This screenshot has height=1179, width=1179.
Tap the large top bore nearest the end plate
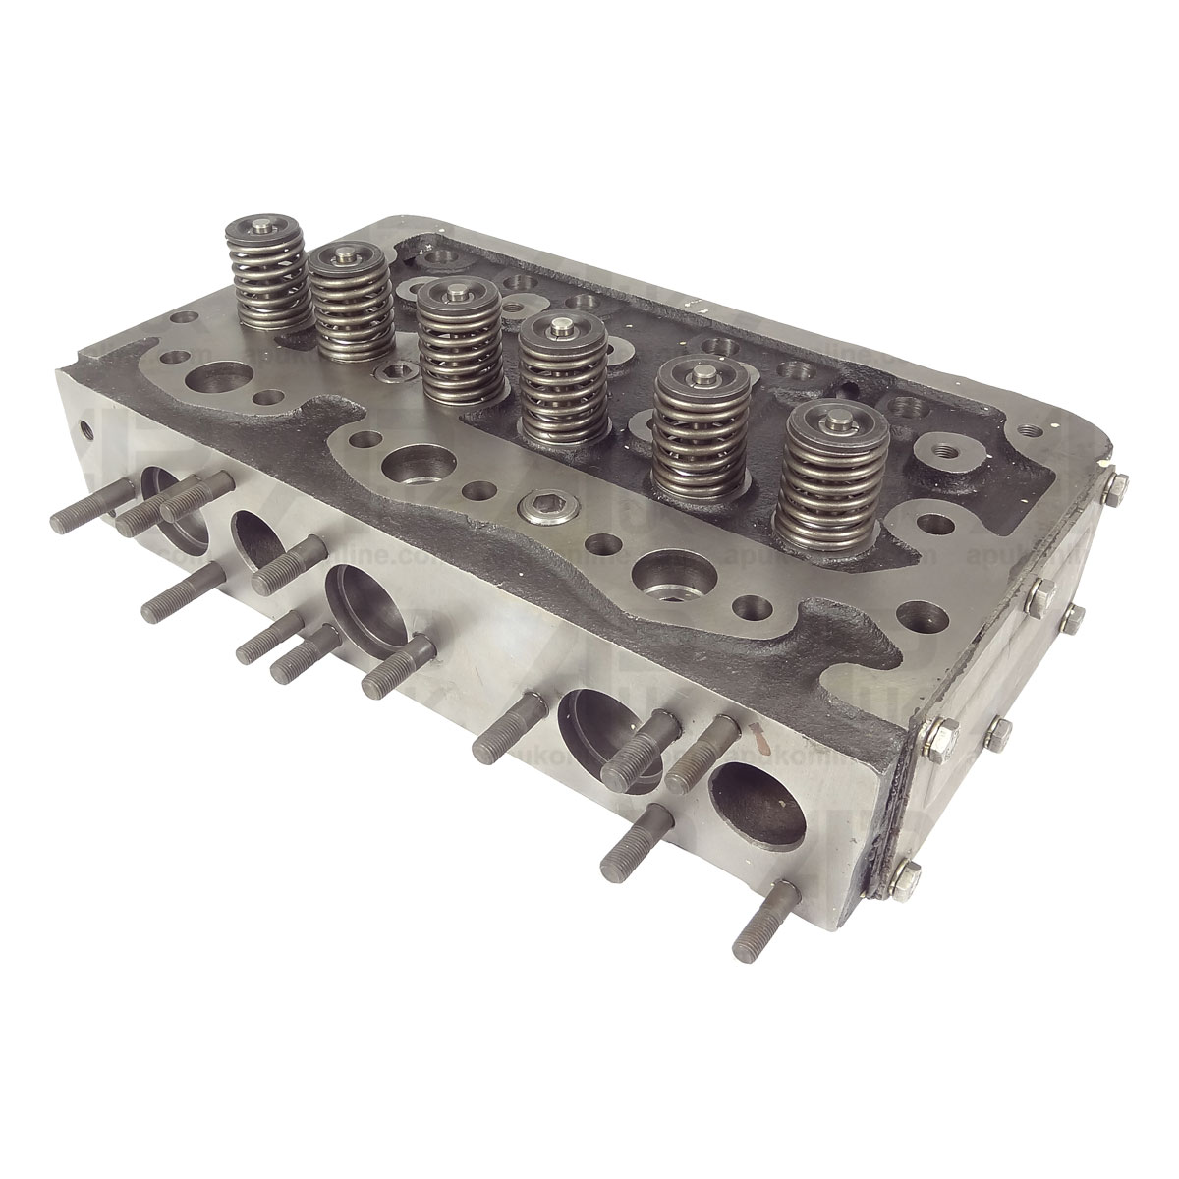click(668, 576)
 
